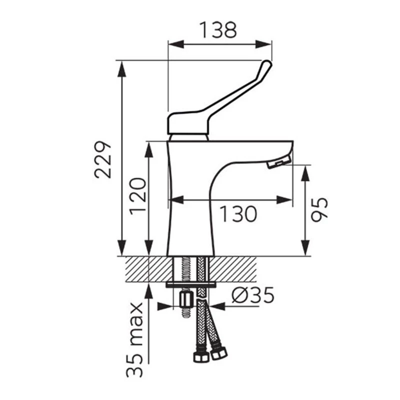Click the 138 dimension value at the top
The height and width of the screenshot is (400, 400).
pyautogui.click(x=218, y=30)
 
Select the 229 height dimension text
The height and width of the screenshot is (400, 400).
pyautogui.click(x=103, y=159)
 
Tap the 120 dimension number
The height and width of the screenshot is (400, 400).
pyautogui.click(x=138, y=196)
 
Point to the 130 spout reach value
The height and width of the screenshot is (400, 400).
pyautogui.click(x=238, y=214)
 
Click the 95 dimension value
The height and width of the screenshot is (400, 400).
pyautogui.click(x=319, y=209)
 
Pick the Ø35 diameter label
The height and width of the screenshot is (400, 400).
pyautogui.click(x=253, y=295)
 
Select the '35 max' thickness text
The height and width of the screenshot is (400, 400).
pyautogui.click(x=134, y=339)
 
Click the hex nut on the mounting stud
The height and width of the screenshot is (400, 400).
pyautogui.click(x=185, y=300)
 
